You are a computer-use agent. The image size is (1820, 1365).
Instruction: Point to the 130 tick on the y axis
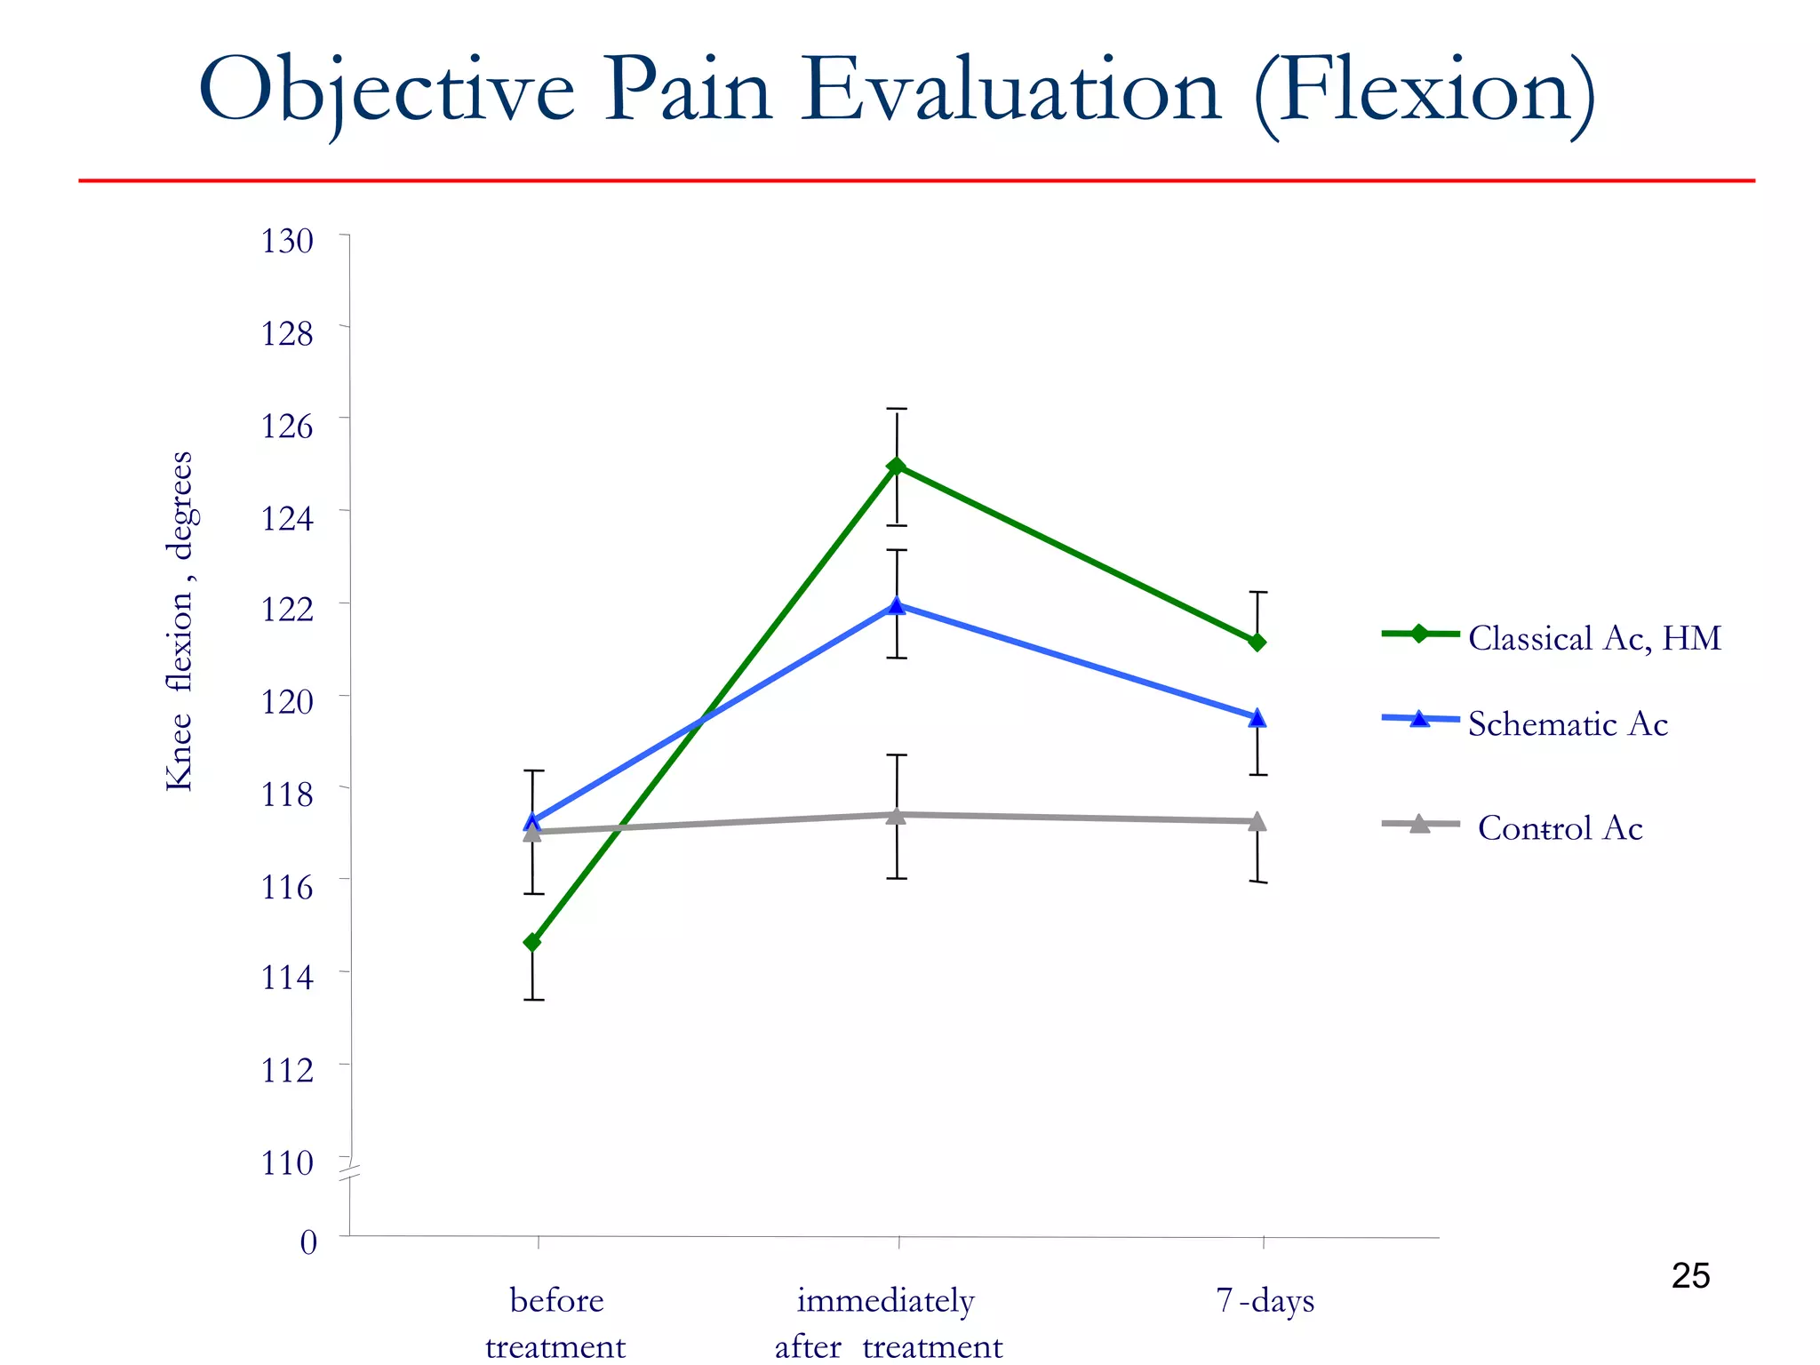pyautogui.click(x=287, y=241)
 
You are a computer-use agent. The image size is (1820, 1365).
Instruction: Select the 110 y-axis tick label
pyautogui.click(x=287, y=1162)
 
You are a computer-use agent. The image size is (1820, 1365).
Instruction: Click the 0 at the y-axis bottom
pyautogui.click(x=308, y=1241)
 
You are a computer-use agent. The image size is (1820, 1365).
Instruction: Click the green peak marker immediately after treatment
pyautogui.click(x=897, y=467)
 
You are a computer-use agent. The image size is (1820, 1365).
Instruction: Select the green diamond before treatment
pyautogui.click(x=532, y=942)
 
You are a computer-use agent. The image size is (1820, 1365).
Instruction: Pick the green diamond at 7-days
pyautogui.click(x=1257, y=642)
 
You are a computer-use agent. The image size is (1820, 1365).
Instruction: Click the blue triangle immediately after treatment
pyautogui.click(x=897, y=606)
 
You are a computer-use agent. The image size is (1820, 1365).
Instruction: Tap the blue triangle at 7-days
pyautogui.click(x=1257, y=718)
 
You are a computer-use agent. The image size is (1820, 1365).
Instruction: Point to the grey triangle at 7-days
pyautogui.click(x=1257, y=822)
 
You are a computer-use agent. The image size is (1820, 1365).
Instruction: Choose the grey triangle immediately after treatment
pyautogui.click(x=897, y=815)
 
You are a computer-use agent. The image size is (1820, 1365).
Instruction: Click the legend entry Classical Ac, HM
pyautogui.click(x=1594, y=638)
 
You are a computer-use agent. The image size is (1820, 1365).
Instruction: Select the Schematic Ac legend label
pyautogui.click(x=1568, y=723)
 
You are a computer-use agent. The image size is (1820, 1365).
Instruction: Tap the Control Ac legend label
pyautogui.click(x=1560, y=827)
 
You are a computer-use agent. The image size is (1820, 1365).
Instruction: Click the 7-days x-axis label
pyautogui.click(x=1265, y=1300)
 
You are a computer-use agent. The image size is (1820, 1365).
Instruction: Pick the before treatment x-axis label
pyautogui.click(x=556, y=1322)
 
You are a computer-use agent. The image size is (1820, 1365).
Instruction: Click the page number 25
pyautogui.click(x=1690, y=1276)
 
